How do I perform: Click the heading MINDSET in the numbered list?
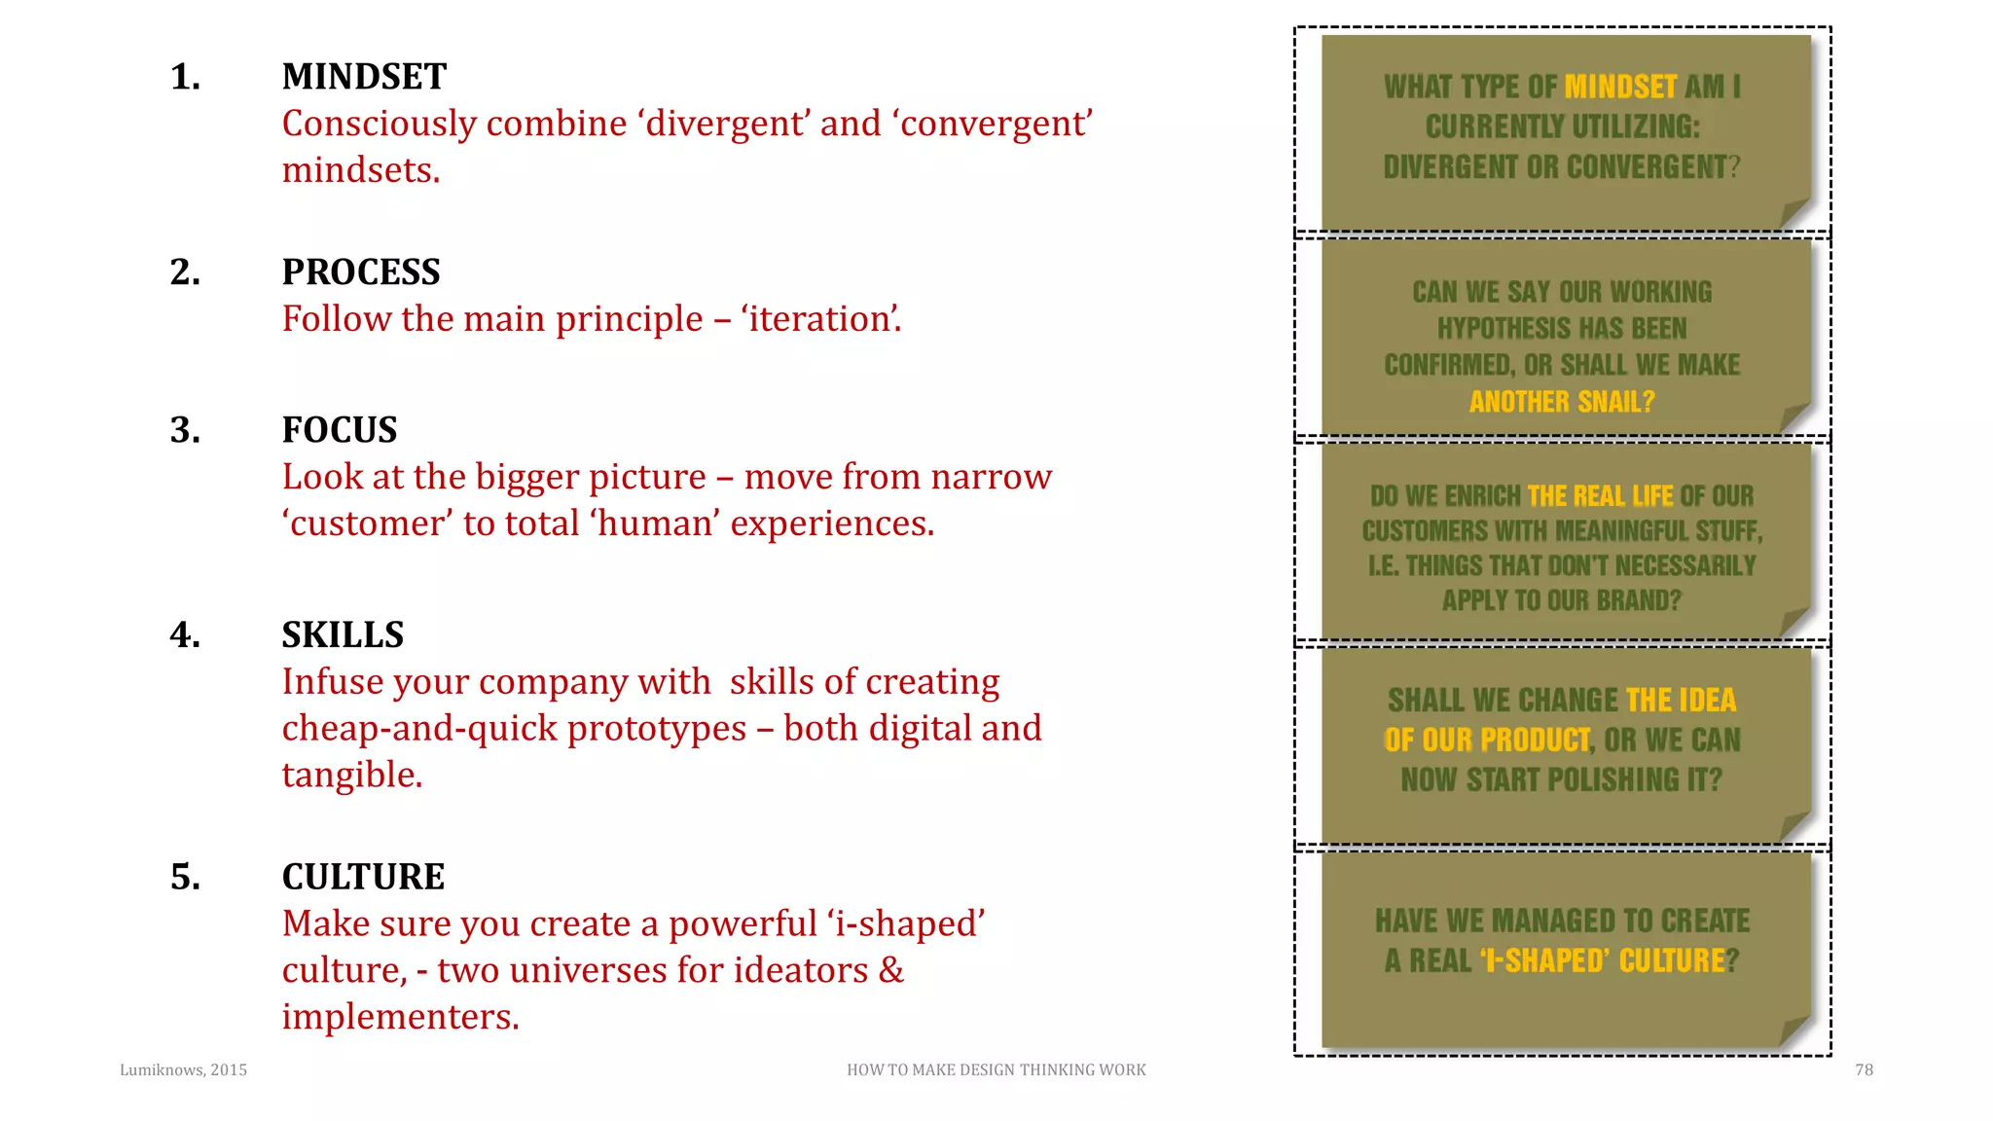(364, 77)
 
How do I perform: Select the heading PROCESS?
(361, 272)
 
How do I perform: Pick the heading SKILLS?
(343, 635)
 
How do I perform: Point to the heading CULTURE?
(363, 877)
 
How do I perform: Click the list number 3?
(185, 430)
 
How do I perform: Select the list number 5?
(185, 877)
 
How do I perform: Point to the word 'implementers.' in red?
(400, 1017)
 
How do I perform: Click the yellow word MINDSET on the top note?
(1620, 88)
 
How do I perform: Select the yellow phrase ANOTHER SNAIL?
(1561, 402)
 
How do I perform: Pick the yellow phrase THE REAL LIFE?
(1600, 496)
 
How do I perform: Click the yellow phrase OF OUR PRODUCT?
(1487, 741)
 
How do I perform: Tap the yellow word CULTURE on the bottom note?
(1671, 961)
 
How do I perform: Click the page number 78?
(1864, 1070)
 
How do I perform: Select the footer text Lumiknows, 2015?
(183, 1070)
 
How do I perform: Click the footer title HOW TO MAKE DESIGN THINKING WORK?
(996, 1070)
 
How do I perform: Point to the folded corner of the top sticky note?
(1793, 214)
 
